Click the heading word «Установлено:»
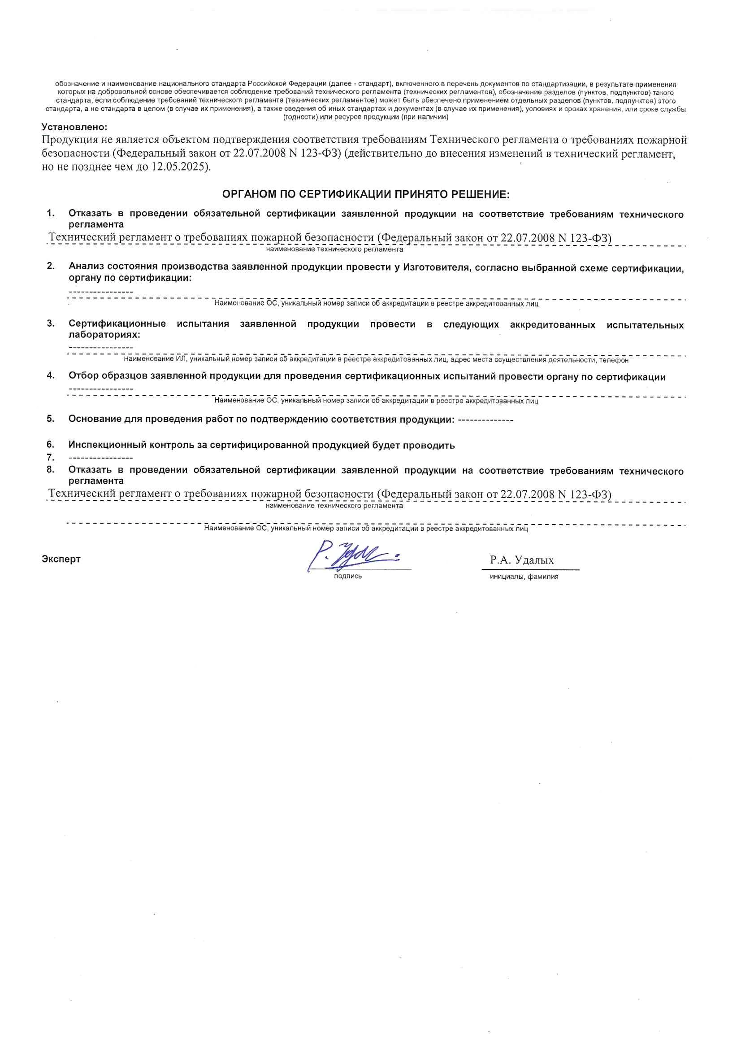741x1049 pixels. click(x=74, y=127)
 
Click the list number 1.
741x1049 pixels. click(x=51, y=214)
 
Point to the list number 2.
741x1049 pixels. click(x=51, y=266)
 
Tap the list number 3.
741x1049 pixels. click(x=51, y=323)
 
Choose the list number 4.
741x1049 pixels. click(x=51, y=376)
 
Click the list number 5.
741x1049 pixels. click(x=51, y=419)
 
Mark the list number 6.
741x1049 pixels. click(x=51, y=444)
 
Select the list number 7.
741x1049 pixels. click(x=51, y=457)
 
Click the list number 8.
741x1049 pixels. click(x=51, y=469)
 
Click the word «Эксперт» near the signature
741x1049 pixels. click(x=61, y=559)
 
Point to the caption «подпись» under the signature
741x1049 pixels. click(x=348, y=577)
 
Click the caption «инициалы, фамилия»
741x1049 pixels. click(x=524, y=577)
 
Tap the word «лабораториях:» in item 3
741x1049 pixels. click(x=104, y=335)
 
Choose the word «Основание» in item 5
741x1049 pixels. click(x=95, y=420)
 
